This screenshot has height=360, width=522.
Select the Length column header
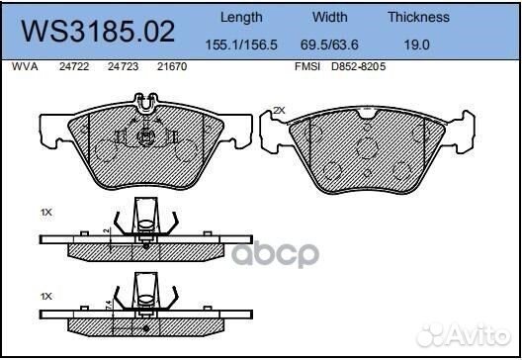pos(241,17)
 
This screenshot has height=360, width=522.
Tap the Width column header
pos(330,17)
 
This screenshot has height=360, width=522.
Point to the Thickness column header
pos(418,17)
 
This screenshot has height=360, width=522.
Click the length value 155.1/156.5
pos(241,45)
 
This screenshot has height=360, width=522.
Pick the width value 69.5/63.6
pos(330,45)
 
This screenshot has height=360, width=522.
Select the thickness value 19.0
pos(418,45)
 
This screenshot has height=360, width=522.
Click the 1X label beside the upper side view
pos(45,213)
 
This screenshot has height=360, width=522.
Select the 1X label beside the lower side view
pos(45,297)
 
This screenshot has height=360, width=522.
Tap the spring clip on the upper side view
pos(145,220)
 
